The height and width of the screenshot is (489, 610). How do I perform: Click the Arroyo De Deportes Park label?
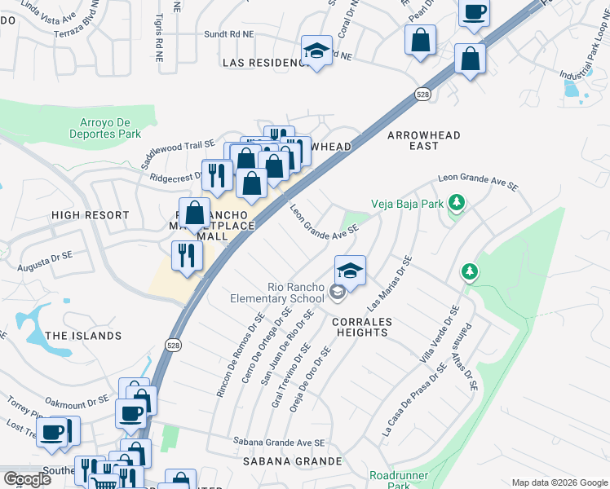click(x=104, y=128)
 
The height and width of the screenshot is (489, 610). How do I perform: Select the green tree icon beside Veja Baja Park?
click(x=456, y=202)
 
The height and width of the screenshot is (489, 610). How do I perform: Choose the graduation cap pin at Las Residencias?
click(x=316, y=50)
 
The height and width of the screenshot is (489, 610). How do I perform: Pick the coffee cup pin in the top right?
click(x=474, y=12)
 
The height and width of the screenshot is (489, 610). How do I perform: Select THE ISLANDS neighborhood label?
click(x=83, y=336)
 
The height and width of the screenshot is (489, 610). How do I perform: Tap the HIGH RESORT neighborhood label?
click(x=90, y=215)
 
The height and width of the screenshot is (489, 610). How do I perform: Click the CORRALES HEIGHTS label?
click(x=362, y=327)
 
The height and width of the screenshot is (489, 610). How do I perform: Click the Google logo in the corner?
click(x=28, y=479)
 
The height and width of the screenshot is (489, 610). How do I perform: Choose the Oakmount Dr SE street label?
click(x=77, y=401)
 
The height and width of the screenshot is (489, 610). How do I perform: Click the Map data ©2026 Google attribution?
click(x=559, y=482)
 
